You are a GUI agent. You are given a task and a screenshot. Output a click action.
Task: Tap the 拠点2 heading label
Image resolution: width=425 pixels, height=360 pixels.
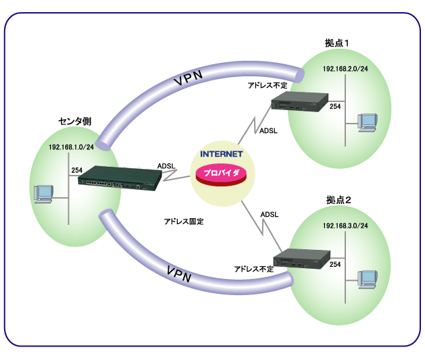(x=338, y=200)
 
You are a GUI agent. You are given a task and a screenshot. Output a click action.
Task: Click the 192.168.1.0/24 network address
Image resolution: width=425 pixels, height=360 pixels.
(x=71, y=148)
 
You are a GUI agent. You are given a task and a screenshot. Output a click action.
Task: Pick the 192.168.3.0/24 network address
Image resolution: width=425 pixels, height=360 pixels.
(x=345, y=225)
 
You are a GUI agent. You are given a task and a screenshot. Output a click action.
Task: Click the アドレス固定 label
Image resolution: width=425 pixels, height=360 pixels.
(x=183, y=221)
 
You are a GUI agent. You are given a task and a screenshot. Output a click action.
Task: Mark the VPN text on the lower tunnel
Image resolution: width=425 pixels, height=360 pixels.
(x=178, y=275)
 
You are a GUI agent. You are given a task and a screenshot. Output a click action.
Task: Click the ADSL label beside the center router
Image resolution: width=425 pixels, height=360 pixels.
(x=166, y=165)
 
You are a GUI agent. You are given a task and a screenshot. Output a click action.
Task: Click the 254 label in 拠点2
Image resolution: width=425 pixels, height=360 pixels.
(x=334, y=265)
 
